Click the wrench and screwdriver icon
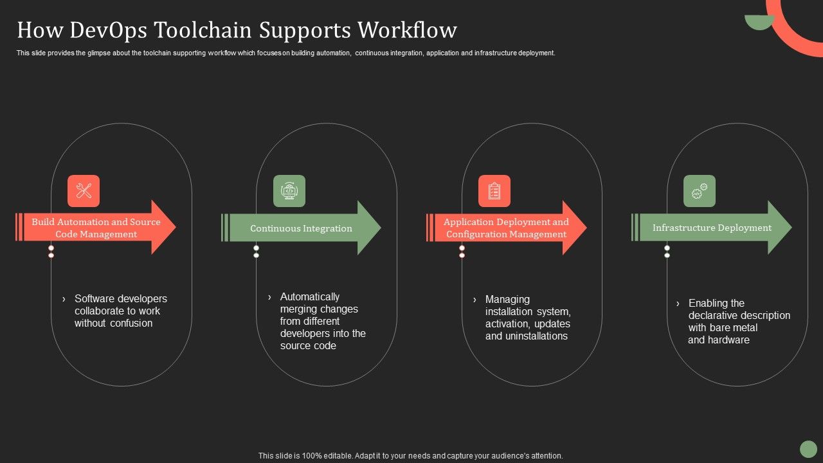coord(84,191)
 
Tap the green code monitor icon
coord(289,191)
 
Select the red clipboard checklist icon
coord(494,191)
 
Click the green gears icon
coord(700,191)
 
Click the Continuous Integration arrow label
coord(301,228)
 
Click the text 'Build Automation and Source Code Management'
coord(96,228)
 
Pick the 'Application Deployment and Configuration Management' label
coord(506,228)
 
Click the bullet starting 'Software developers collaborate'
coord(120,311)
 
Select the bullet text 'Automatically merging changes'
coord(319,303)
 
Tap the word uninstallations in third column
coord(526,336)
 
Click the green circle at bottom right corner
coord(808,449)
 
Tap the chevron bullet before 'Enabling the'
coord(678,304)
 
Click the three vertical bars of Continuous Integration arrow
coord(224,228)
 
